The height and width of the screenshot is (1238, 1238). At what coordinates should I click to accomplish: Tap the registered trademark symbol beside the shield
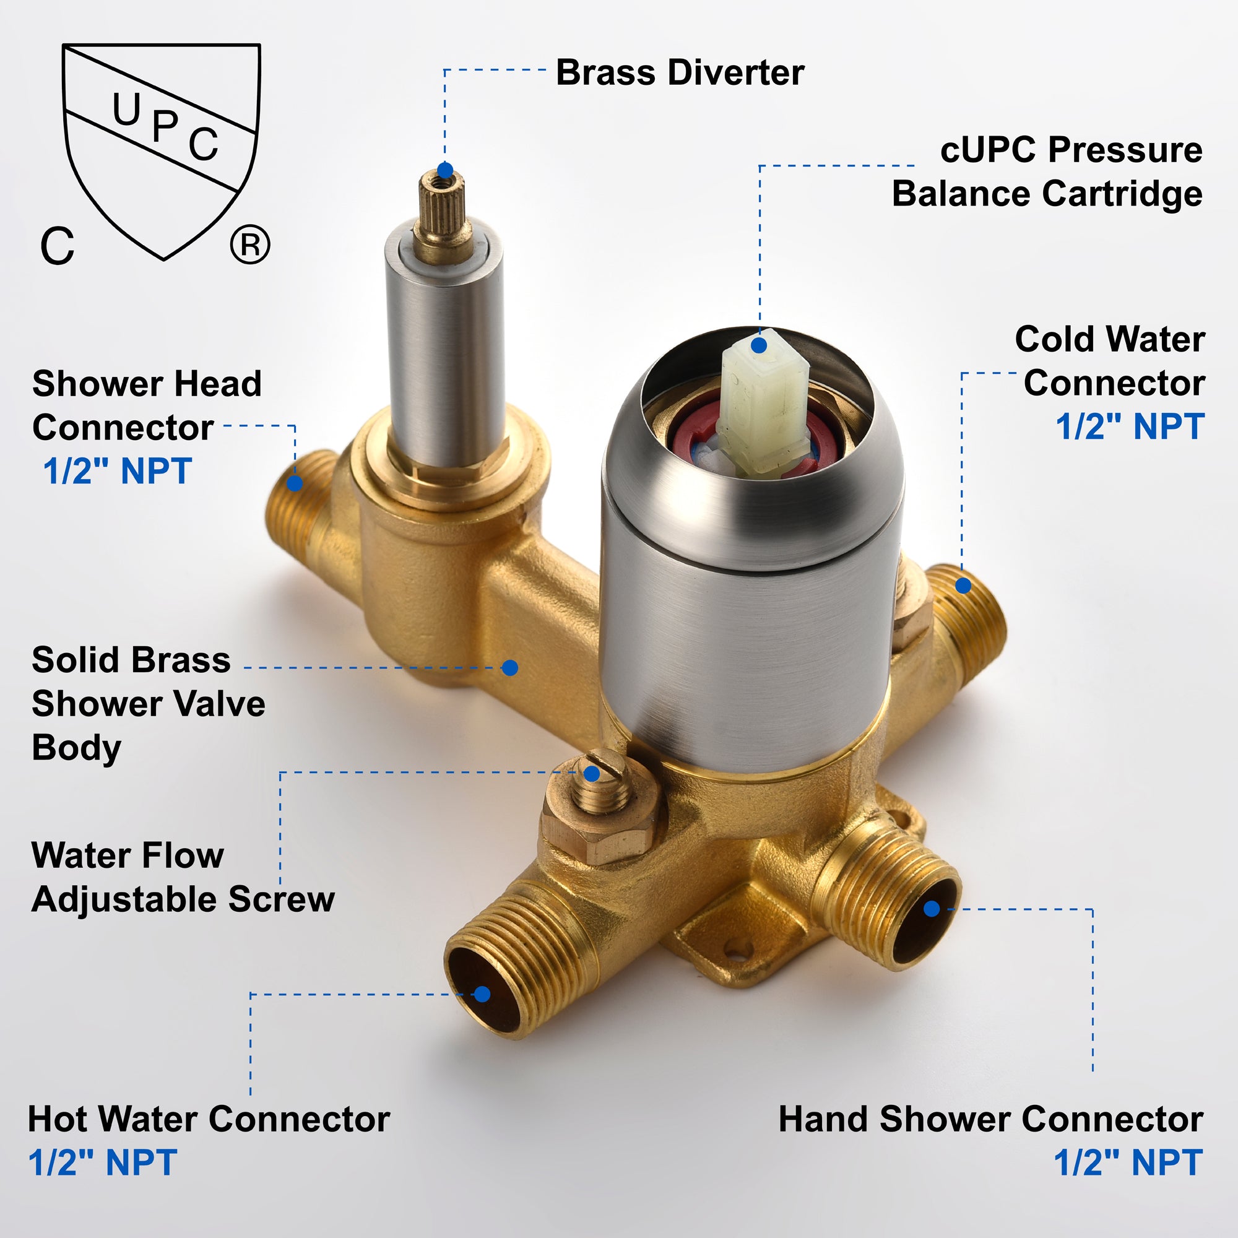[x=250, y=244]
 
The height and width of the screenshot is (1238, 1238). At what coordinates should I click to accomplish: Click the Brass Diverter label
[x=680, y=72]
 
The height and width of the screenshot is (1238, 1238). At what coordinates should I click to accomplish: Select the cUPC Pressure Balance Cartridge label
[x=1047, y=171]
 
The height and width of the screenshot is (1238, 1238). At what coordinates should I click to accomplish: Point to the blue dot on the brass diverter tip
[x=444, y=170]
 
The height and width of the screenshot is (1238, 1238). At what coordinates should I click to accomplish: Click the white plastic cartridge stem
[x=763, y=400]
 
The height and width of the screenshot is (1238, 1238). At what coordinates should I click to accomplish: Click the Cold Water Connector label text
[x=1110, y=361]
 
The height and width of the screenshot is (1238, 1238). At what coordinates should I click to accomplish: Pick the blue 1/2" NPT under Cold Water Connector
[x=1130, y=426]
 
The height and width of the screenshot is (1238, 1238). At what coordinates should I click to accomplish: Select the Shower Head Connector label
[x=147, y=405]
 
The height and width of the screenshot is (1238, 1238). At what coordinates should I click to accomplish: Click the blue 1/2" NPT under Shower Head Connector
[x=117, y=471]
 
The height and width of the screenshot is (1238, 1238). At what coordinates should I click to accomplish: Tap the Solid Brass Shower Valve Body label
[x=148, y=704]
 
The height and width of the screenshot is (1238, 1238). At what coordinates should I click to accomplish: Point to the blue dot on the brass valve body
[x=510, y=668]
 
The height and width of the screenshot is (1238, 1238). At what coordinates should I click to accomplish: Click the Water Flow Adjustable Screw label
[x=183, y=877]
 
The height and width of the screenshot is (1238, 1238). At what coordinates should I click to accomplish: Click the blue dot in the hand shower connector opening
[x=932, y=909]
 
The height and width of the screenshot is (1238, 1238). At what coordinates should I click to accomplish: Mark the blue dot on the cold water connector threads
[x=963, y=586]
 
